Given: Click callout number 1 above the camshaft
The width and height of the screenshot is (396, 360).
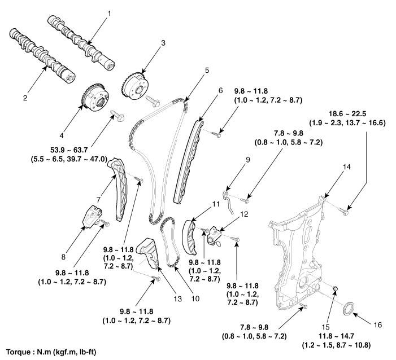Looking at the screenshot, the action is (x=110, y=14).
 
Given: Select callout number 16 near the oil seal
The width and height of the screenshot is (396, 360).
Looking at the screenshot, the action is (x=378, y=324).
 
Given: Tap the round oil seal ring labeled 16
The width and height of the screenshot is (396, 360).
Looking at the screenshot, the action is (x=349, y=308).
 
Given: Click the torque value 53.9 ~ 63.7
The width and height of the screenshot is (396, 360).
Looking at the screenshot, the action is (x=69, y=150).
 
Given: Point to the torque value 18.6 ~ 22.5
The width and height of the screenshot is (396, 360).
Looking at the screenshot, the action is (x=347, y=114).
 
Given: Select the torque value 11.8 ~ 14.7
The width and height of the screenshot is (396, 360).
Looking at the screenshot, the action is (x=336, y=336).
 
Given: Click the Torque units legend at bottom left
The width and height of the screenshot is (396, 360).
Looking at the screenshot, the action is (x=51, y=352).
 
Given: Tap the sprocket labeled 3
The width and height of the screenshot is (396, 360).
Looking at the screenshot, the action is (x=134, y=87).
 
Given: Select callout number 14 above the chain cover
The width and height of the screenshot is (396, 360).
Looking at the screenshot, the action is (x=347, y=167).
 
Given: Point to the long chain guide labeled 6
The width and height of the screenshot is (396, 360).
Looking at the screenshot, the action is (x=188, y=161).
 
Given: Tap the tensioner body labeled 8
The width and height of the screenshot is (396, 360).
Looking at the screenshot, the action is (x=92, y=216).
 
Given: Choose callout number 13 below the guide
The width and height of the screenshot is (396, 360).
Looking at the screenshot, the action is (x=177, y=299).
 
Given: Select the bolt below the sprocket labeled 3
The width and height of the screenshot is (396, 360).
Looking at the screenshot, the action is (x=153, y=100).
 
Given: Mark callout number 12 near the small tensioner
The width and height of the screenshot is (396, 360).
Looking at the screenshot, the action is (x=244, y=214).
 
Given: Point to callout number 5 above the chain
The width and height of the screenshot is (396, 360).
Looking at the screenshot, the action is (x=207, y=71).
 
